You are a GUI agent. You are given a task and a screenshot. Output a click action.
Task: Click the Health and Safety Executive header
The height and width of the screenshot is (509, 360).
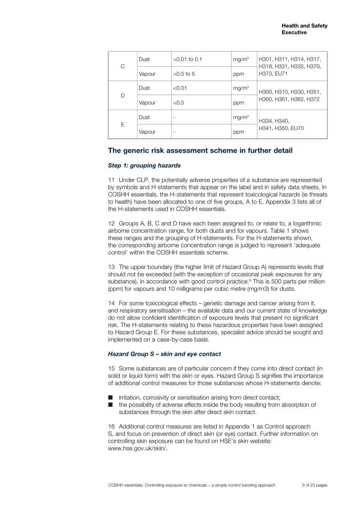304,29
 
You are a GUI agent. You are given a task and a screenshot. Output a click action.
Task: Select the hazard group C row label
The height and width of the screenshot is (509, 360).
122,66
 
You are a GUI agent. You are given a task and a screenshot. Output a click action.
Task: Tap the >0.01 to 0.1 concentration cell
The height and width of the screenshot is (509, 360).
188,59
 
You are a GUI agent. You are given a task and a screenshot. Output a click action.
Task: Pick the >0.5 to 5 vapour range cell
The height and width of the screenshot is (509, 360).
184,74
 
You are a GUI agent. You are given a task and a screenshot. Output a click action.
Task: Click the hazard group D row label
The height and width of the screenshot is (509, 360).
122,95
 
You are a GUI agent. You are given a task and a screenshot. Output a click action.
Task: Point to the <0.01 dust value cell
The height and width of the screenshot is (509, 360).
180,88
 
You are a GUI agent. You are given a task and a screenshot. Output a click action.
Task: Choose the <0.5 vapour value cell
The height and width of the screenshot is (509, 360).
178,103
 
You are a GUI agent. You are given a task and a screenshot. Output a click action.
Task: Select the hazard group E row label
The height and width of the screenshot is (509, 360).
122,125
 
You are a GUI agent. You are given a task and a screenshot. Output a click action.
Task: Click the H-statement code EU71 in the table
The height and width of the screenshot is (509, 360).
281,74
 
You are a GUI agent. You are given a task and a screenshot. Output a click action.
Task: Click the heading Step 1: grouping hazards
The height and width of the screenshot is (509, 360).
144,166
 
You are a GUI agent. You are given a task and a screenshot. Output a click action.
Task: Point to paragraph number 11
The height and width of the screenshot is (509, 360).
111,180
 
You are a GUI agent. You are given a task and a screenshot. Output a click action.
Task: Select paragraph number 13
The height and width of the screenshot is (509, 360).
111,267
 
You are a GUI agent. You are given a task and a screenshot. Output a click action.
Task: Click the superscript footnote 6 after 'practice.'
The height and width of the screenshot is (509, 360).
250,280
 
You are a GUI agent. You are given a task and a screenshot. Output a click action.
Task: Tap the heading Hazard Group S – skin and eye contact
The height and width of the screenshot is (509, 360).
164,354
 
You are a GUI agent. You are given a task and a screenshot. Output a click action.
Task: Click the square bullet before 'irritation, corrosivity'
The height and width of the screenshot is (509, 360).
110,398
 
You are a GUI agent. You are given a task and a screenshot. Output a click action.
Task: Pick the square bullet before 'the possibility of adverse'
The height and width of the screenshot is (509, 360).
110,405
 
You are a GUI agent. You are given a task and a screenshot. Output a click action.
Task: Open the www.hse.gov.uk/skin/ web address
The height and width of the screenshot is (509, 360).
138,448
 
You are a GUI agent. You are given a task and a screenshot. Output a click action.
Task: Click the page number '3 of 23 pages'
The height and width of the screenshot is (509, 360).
315,485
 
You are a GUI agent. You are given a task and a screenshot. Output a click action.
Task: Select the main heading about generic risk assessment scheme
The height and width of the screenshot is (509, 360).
200,151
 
